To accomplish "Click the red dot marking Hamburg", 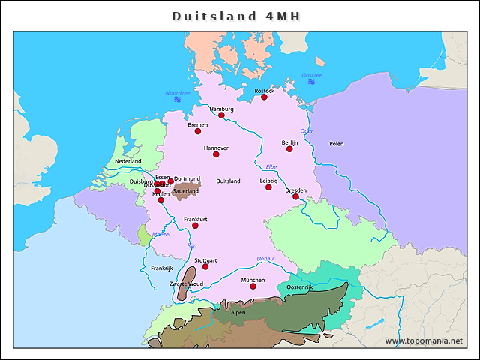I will point(221,115).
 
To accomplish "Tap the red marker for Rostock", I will point(264,97).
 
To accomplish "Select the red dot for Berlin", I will point(289,148).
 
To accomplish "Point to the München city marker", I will point(253,286).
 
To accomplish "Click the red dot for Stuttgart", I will point(205,266).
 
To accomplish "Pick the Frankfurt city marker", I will point(195,225).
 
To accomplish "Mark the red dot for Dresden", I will point(295,196).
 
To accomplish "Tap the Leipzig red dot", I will point(268,187).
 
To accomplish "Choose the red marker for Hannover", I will point(216,154).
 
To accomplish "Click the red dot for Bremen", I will point(198,131).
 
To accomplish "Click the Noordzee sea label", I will point(178,93).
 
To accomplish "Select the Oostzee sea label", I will point(312,75).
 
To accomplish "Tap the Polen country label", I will point(336,143).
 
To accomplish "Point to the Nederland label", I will point(127,161).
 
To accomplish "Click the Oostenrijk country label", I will point(299,287).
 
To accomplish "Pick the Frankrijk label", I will point(161,268).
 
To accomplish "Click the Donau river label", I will point(265,259).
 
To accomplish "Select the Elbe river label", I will point(271,166).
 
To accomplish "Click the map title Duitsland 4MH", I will point(239,16).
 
